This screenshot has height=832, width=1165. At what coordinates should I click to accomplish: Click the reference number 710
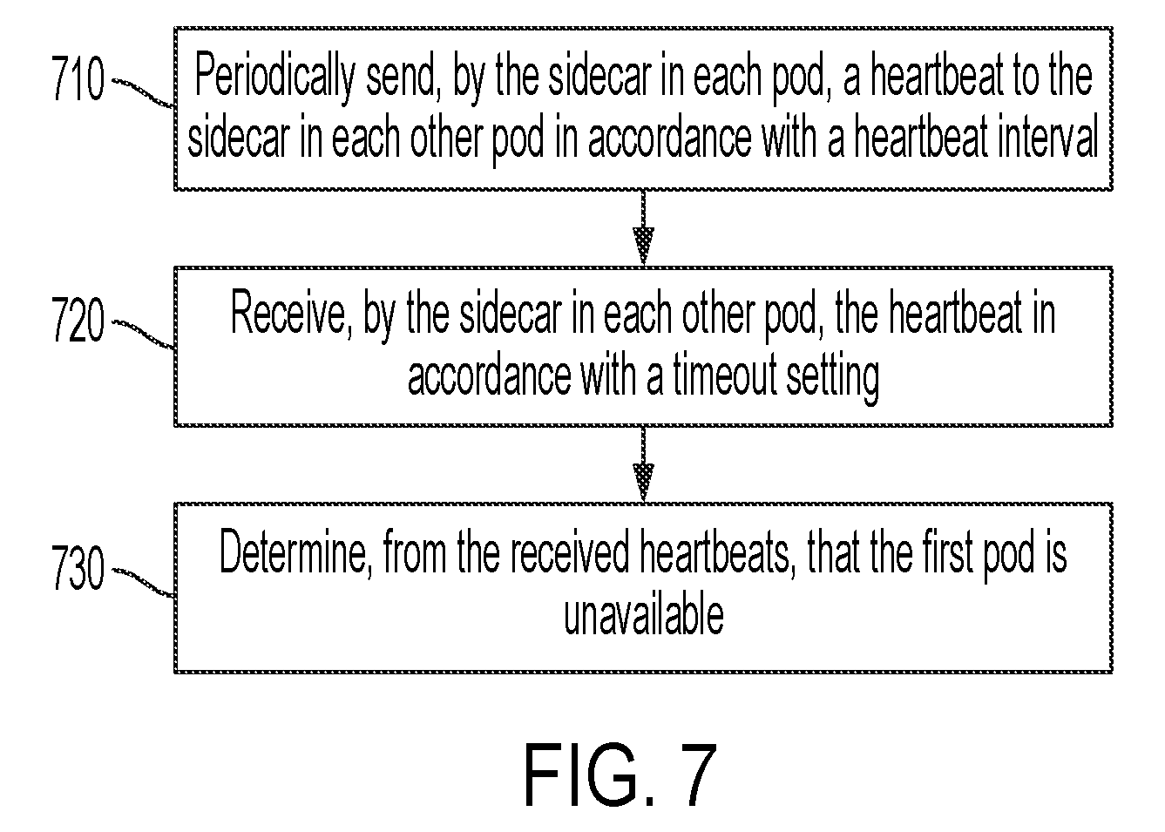tap(78, 78)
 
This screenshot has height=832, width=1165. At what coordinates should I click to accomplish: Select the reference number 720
tap(78, 318)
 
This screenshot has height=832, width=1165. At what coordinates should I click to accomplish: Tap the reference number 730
tap(78, 567)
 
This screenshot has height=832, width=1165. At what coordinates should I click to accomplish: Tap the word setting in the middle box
tap(832, 376)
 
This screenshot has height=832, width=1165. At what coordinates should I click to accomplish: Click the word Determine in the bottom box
tap(295, 551)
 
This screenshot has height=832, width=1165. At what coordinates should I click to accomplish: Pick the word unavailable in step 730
tap(644, 614)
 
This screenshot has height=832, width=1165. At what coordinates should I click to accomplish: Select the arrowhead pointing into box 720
tap(643, 246)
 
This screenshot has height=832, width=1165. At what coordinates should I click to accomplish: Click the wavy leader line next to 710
tap(144, 92)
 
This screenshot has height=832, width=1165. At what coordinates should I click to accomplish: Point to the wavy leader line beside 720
tap(144, 335)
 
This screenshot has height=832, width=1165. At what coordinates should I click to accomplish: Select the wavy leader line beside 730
tap(144, 582)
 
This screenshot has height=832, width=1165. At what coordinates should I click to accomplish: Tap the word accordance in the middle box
tap(489, 375)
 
